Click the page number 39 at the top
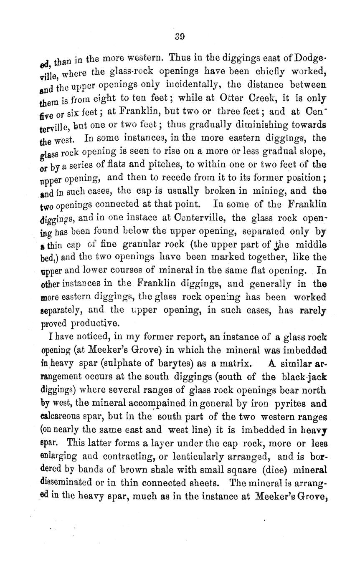click(x=180, y=37)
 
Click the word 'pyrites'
click(x=292, y=404)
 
